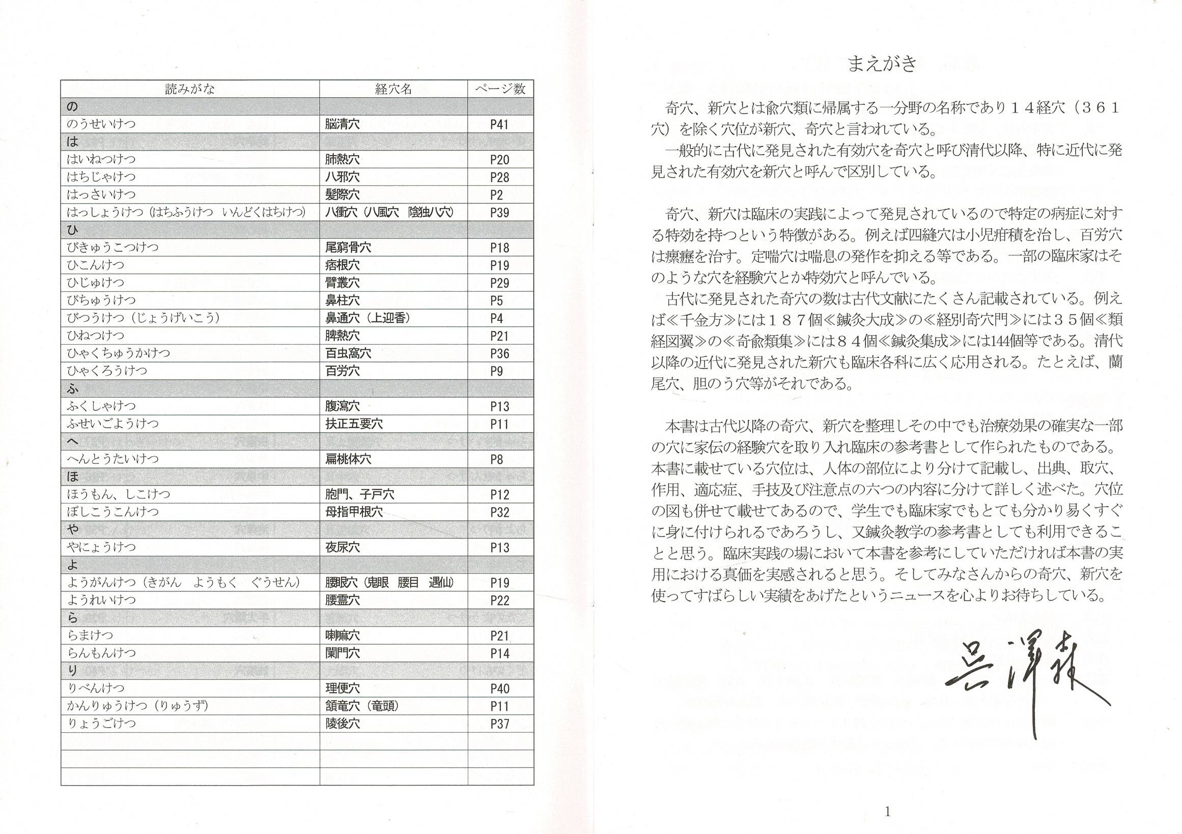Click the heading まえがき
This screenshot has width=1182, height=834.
click(882, 64)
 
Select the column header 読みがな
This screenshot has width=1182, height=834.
click(189, 89)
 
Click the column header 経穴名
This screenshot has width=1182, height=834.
click(393, 89)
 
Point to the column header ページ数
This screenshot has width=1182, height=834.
click(500, 89)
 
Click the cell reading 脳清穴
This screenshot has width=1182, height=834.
click(343, 124)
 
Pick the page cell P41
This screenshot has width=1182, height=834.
click(499, 124)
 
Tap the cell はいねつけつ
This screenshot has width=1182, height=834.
click(101, 159)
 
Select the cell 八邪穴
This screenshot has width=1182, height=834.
click(343, 177)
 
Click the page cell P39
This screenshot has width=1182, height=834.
click(499, 213)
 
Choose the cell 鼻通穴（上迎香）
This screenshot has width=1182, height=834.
click(368, 318)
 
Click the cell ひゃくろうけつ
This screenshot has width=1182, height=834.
click(106, 371)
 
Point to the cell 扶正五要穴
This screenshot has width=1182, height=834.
click(354, 424)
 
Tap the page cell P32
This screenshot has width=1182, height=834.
click(499, 512)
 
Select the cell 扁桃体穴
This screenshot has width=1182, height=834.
click(348, 459)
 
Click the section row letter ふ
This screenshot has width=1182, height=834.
click(73, 388)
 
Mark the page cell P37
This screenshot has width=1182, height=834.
click(499, 724)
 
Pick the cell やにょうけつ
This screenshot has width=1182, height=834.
click(101, 547)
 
